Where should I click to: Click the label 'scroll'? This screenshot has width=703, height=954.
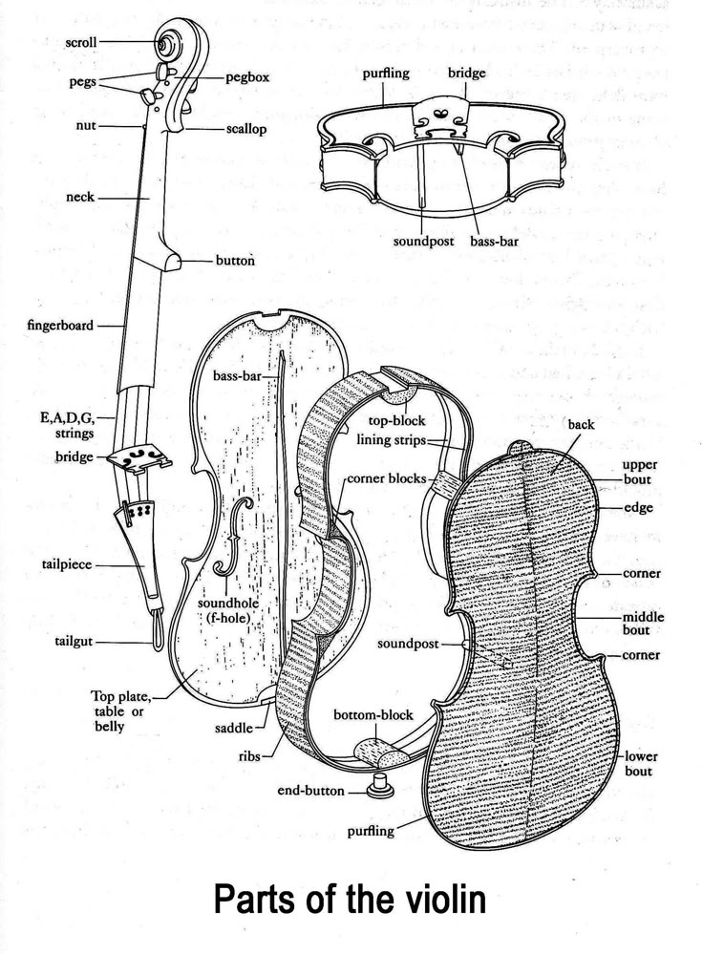81,43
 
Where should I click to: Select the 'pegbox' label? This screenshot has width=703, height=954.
247,78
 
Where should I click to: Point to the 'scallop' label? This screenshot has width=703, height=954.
245,130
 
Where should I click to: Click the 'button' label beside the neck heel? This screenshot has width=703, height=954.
235,261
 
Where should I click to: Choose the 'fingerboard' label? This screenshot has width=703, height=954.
60,325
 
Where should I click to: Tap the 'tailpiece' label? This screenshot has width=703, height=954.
67,564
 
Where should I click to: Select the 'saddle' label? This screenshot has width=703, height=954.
234,729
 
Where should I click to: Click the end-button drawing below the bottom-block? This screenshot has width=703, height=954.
378,785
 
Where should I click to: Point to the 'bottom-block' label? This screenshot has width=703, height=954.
373,715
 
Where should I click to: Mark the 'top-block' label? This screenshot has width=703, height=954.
396,420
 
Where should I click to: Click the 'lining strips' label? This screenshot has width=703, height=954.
391,440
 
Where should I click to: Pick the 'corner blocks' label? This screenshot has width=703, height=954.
387,478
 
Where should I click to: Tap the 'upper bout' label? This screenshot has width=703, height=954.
639,472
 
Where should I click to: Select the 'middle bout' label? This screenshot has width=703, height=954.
643,623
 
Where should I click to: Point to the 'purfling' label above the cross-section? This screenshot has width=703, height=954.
386,74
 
